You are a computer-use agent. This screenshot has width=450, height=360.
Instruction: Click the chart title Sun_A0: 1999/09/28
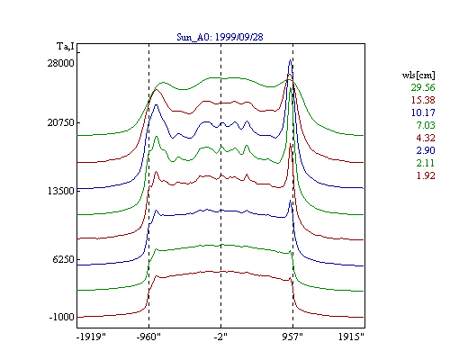click(x=220, y=37)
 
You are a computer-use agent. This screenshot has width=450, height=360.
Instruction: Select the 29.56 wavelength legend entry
click(x=423, y=87)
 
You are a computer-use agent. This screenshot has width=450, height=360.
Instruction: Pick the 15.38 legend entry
click(x=423, y=100)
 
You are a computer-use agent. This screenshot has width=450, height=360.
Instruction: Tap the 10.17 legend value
click(x=423, y=112)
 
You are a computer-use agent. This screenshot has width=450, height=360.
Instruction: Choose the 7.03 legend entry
click(x=426, y=125)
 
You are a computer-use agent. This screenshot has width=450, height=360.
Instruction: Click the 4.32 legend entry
click(x=426, y=138)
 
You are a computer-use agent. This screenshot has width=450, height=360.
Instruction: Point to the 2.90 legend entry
click(x=426, y=150)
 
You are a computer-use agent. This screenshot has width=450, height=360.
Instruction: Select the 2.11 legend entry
click(x=426, y=163)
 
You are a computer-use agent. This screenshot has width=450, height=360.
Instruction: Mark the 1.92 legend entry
click(x=426, y=175)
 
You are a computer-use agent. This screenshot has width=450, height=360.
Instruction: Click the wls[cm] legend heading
click(x=418, y=75)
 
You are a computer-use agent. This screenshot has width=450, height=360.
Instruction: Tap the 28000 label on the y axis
click(x=60, y=63)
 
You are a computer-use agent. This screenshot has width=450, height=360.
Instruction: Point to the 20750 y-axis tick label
click(x=60, y=122)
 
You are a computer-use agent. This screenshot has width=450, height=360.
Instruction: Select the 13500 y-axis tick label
click(x=60, y=191)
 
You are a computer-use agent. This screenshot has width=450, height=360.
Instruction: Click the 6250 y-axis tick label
click(x=63, y=259)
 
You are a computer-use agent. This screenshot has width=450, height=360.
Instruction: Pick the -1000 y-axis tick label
click(x=61, y=317)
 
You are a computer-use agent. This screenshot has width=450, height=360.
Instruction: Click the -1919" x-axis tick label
click(x=91, y=337)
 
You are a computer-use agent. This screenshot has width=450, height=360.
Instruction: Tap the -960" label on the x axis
click(x=148, y=337)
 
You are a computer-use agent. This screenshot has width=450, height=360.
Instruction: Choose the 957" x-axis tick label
click(x=292, y=337)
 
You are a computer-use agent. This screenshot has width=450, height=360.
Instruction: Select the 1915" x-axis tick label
click(x=351, y=337)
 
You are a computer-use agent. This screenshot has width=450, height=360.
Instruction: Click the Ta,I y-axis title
click(x=66, y=47)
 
